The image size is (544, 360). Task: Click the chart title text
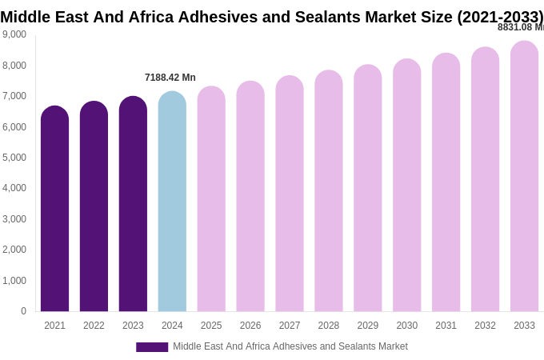272,17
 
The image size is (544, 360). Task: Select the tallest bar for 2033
524,177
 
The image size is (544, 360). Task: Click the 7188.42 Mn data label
170,78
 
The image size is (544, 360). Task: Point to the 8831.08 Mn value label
521,27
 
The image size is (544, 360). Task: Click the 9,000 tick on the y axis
14,34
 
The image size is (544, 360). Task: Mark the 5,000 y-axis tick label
14,158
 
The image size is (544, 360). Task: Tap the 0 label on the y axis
23,311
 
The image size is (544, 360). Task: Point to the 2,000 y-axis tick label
14,250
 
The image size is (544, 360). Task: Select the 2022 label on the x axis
94,326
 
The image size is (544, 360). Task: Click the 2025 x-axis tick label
211,326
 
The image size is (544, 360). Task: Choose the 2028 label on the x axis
329,326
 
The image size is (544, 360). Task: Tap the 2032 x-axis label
485,326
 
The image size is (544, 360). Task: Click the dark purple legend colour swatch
152,347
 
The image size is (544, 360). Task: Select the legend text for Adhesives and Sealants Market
290,346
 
